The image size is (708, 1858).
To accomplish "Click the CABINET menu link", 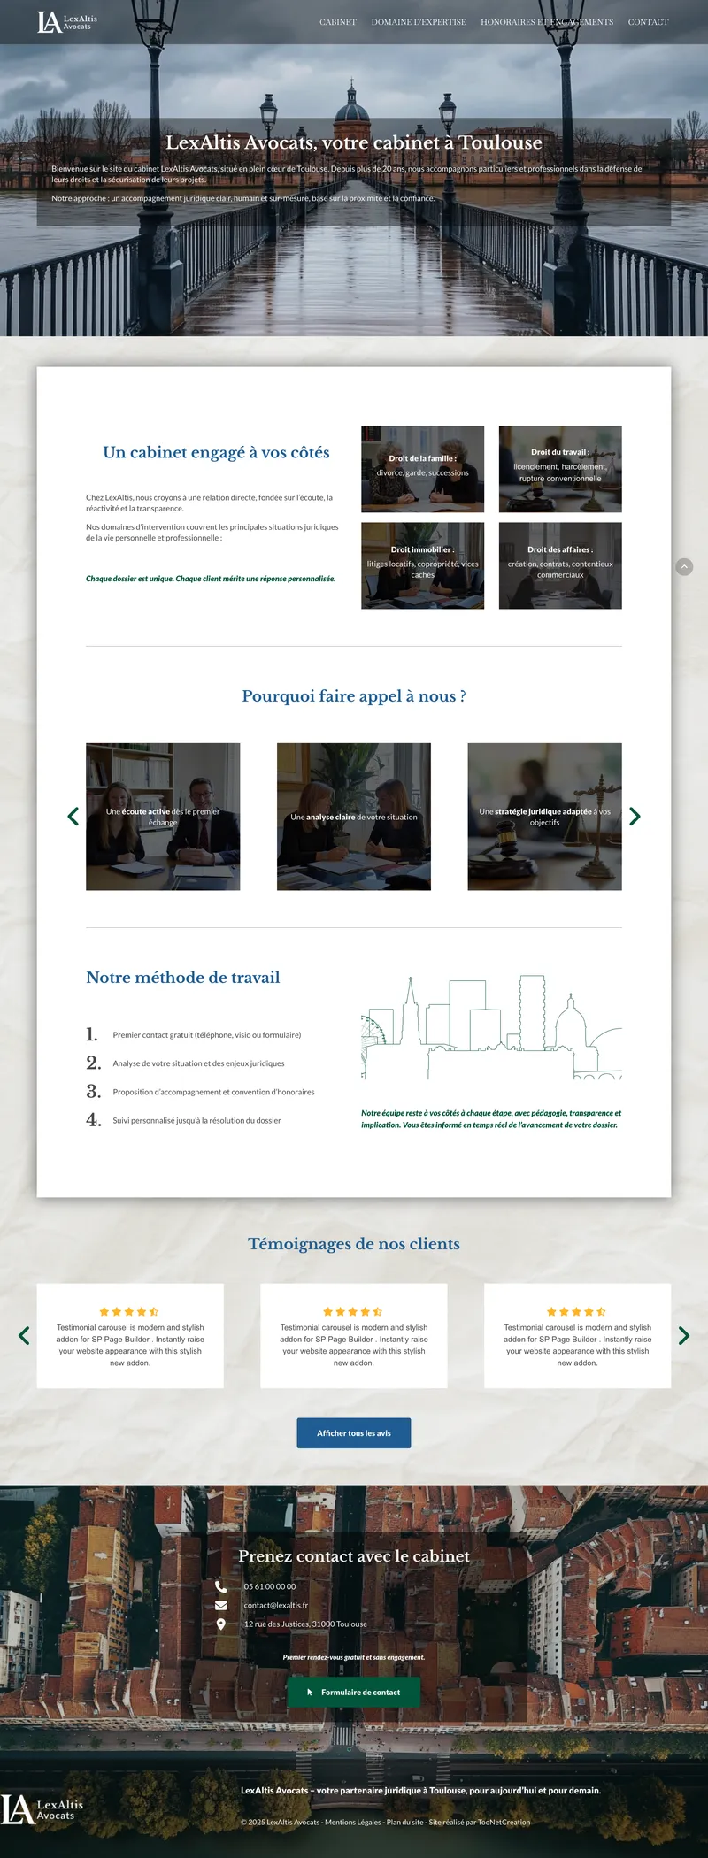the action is [x=338, y=22].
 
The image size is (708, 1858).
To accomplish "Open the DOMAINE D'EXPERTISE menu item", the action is [x=419, y=22].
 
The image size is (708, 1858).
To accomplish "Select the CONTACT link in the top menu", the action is [x=648, y=22].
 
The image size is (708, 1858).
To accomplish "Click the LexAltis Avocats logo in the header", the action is [x=67, y=22].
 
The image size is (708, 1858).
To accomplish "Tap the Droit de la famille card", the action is [x=423, y=469].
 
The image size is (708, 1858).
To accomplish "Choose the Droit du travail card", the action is [x=560, y=469].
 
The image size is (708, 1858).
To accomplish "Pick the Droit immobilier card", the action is [x=423, y=565].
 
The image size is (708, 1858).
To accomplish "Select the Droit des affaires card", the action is [x=560, y=565].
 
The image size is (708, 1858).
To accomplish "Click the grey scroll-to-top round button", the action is [x=684, y=567].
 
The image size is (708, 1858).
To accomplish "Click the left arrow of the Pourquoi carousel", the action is [x=73, y=817].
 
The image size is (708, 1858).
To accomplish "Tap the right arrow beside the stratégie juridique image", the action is [x=635, y=817].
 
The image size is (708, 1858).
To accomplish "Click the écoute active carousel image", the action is [x=163, y=817].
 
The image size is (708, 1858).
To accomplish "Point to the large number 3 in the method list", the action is [x=94, y=1092].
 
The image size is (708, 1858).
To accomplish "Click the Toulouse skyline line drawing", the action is [x=491, y=1028].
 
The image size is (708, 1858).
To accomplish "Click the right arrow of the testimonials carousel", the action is [x=684, y=1336].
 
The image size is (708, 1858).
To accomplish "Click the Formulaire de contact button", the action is [x=354, y=1693].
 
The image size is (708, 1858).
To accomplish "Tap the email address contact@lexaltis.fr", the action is [x=276, y=1606].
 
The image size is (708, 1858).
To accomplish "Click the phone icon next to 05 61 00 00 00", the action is [x=221, y=1586].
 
